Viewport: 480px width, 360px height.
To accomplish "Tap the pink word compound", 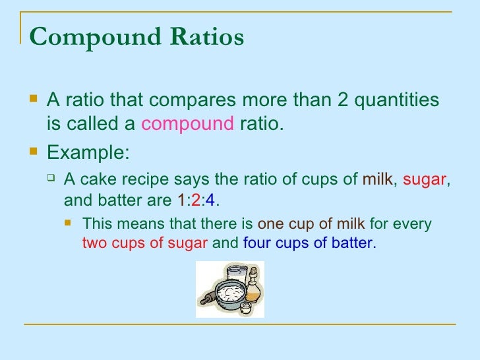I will [x=188, y=123].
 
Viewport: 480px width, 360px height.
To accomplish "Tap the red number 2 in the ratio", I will [x=195, y=198].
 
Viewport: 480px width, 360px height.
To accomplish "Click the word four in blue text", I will [x=257, y=243].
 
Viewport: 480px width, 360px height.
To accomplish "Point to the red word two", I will [x=94, y=243].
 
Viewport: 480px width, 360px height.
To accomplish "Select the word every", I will [x=414, y=224].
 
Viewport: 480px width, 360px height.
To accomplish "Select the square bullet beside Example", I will [x=34, y=151].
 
